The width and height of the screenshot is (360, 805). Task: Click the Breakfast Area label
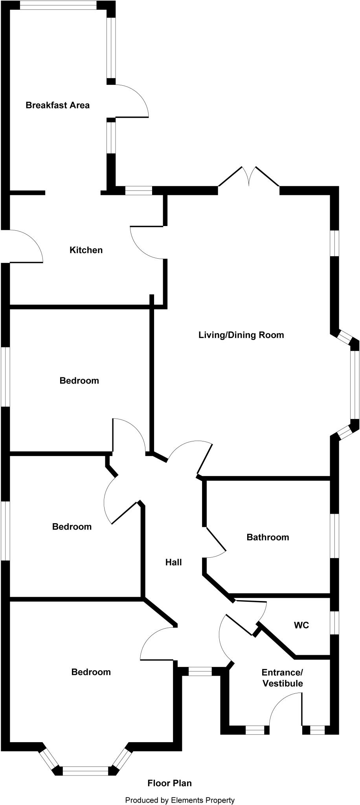[x=57, y=105]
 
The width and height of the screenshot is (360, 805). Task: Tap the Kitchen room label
[x=86, y=250]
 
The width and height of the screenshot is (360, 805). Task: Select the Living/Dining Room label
[x=241, y=335]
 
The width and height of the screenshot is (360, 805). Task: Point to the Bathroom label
[x=268, y=537]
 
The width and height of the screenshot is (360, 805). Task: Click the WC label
[x=301, y=625]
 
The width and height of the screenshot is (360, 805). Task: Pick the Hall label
[x=173, y=562]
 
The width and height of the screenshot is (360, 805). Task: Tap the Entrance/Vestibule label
[x=283, y=678]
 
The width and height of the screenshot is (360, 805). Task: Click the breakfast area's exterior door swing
[x=130, y=101]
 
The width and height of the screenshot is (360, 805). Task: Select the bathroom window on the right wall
[x=334, y=536]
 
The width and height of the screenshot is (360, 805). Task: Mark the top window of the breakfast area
[x=58, y=5]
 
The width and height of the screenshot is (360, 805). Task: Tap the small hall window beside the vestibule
[x=200, y=671]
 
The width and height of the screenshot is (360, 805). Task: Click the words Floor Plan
[x=169, y=783]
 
